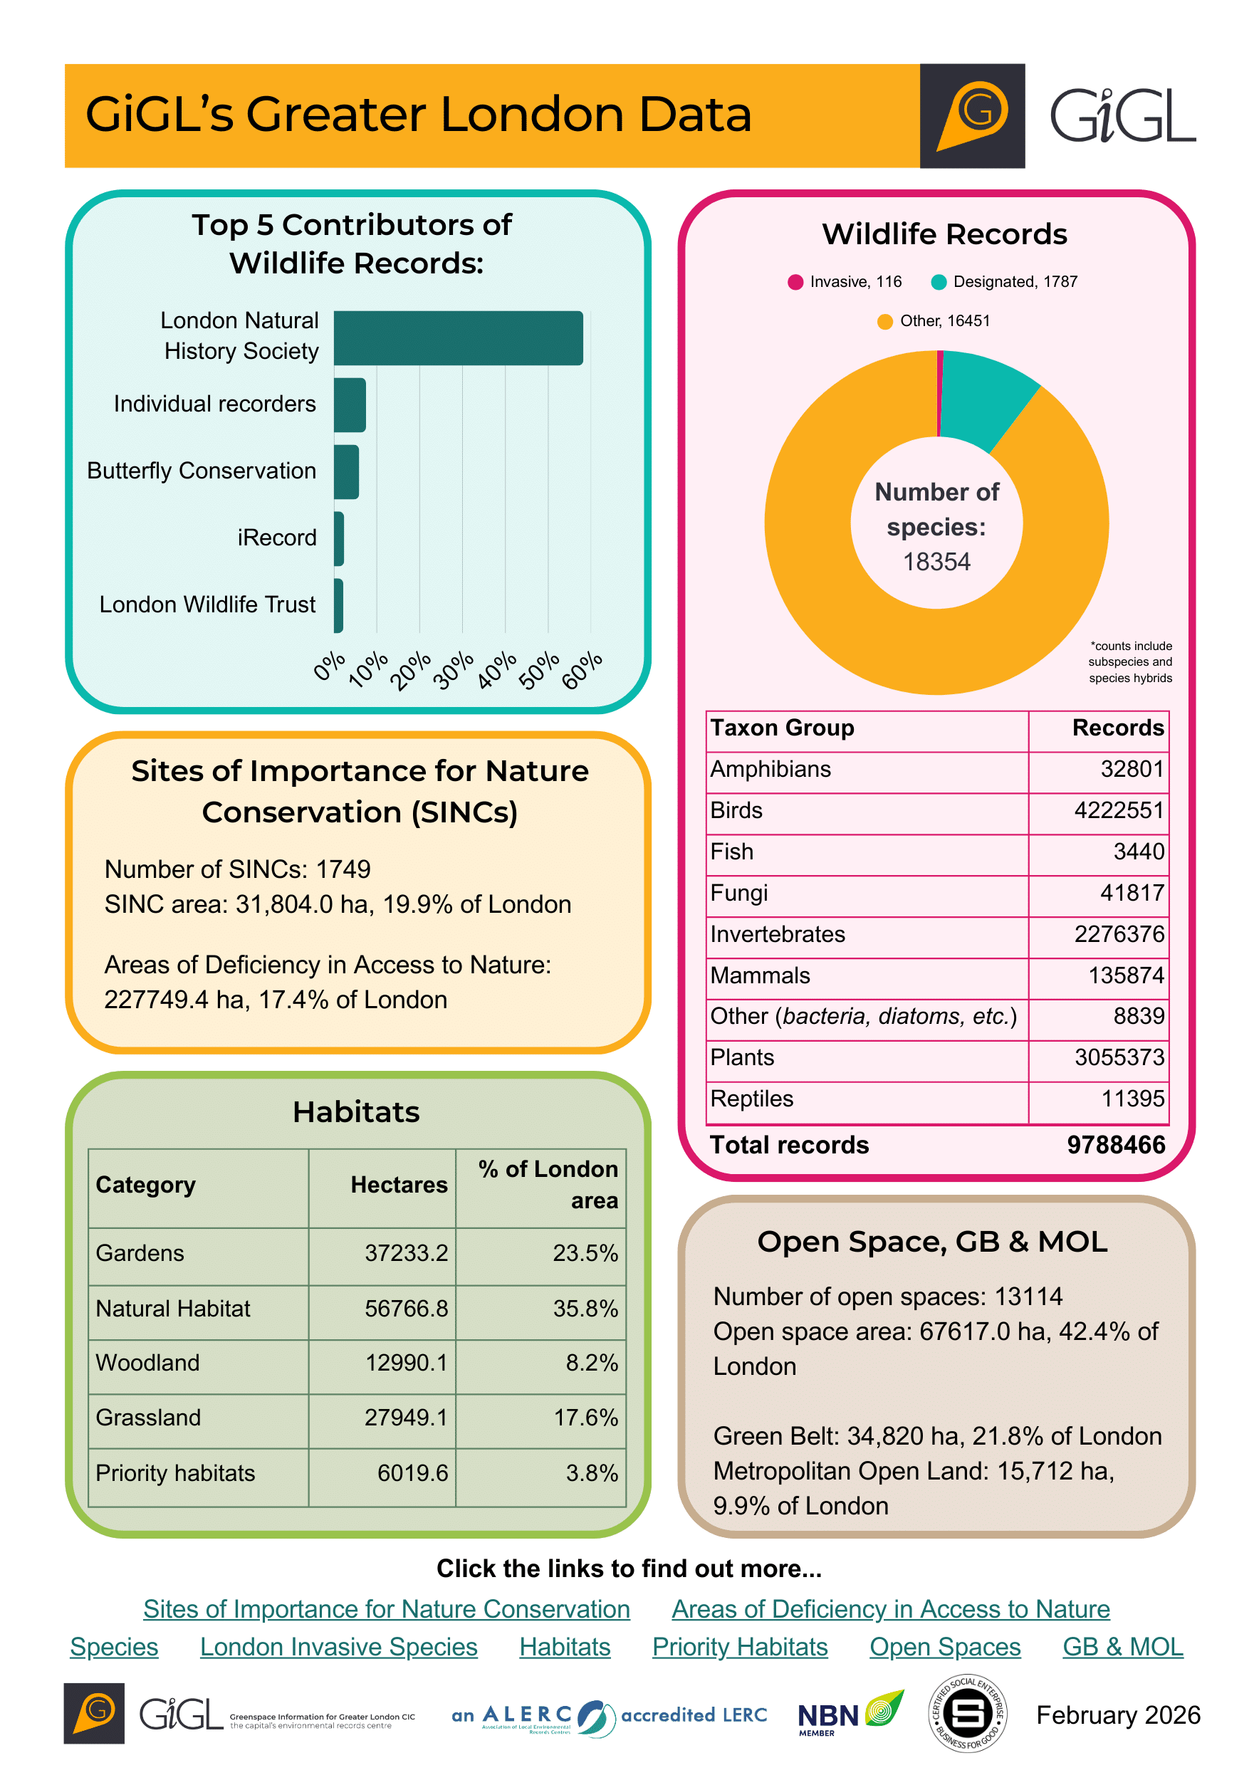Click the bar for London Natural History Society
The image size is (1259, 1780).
point(457,338)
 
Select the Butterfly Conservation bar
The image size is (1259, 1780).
point(347,471)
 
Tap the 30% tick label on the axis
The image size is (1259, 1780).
point(453,670)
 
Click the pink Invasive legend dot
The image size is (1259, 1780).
point(795,282)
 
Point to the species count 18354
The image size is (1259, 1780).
point(936,562)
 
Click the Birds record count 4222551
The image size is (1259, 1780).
point(1119,811)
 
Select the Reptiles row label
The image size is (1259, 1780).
point(751,1099)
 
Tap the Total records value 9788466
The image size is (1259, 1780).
point(1116,1145)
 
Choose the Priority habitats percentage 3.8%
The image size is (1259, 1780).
point(592,1473)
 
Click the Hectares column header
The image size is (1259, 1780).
point(399,1185)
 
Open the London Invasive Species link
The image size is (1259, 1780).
point(338,1647)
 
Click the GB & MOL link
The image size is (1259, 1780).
point(1122,1647)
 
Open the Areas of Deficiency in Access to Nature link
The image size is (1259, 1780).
point(890,1609)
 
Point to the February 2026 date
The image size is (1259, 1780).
point(1118,1715)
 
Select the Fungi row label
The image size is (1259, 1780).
point(739,893)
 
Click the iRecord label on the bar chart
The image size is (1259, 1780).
point(277,538)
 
